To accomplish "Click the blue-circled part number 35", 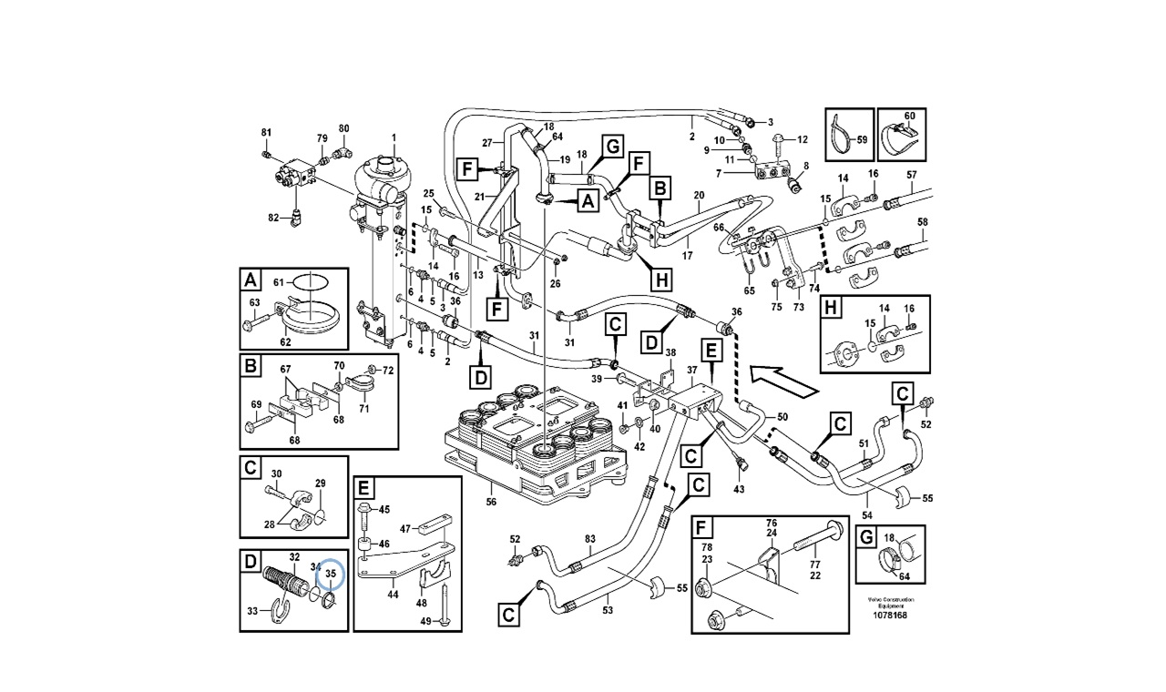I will click(331, 575).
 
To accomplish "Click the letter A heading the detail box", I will click(250, 279).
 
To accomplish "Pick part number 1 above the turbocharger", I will click(394, 138).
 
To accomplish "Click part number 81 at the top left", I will click(267, 133).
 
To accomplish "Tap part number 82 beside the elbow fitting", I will click(272, 218).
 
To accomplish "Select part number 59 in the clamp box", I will click(862, 141).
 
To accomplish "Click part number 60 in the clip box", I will click(909, 117).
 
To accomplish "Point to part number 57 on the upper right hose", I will click(911, 174).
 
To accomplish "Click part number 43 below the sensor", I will click(739, 490).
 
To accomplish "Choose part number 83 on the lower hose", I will click(589, 540).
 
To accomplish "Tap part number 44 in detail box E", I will click(393, 594).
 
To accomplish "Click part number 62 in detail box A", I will click(284, 341).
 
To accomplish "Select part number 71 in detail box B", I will click(363, 410).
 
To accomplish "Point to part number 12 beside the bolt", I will click(803, 139).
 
